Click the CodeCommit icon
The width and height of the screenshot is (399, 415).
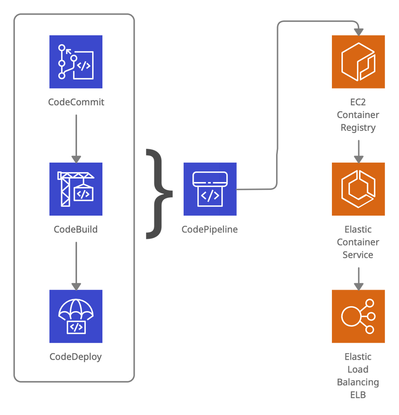click(76, 62)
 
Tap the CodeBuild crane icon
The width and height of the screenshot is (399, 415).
click(76, 189)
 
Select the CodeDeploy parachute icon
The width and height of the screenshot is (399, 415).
click(76, 316)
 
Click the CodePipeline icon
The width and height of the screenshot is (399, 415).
click(210, 188)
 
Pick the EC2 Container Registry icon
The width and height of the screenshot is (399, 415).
click(358, 62)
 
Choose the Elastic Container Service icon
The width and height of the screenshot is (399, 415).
click(358, 189)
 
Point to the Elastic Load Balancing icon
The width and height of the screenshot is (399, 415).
click(358, 316)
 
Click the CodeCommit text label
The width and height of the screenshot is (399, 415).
click(76, 102)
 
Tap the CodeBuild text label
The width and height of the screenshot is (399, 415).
click(76, 229)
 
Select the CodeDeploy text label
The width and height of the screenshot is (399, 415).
click(76, 356)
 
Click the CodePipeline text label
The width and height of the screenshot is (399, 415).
click(210, 229)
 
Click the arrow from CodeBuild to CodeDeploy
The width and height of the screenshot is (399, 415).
click(76, 265)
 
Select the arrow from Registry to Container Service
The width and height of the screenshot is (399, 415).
click(359, 150)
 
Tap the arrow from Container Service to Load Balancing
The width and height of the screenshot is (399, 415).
click(359, 277)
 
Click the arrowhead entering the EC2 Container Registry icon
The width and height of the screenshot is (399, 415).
click(359, 31)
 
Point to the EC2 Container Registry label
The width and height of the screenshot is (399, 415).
click(358, 115)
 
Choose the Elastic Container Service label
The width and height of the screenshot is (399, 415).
click(358, 242)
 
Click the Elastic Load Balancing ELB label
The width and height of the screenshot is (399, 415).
click(358, 375)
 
